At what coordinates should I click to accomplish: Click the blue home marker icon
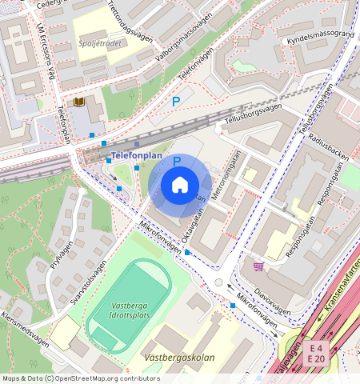[180, 186]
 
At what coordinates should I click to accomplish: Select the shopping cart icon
[258, 266]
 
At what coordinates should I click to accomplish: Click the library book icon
[78, 102]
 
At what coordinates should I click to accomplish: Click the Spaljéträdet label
[100, 43]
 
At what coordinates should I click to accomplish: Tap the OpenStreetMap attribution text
[82, 378]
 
